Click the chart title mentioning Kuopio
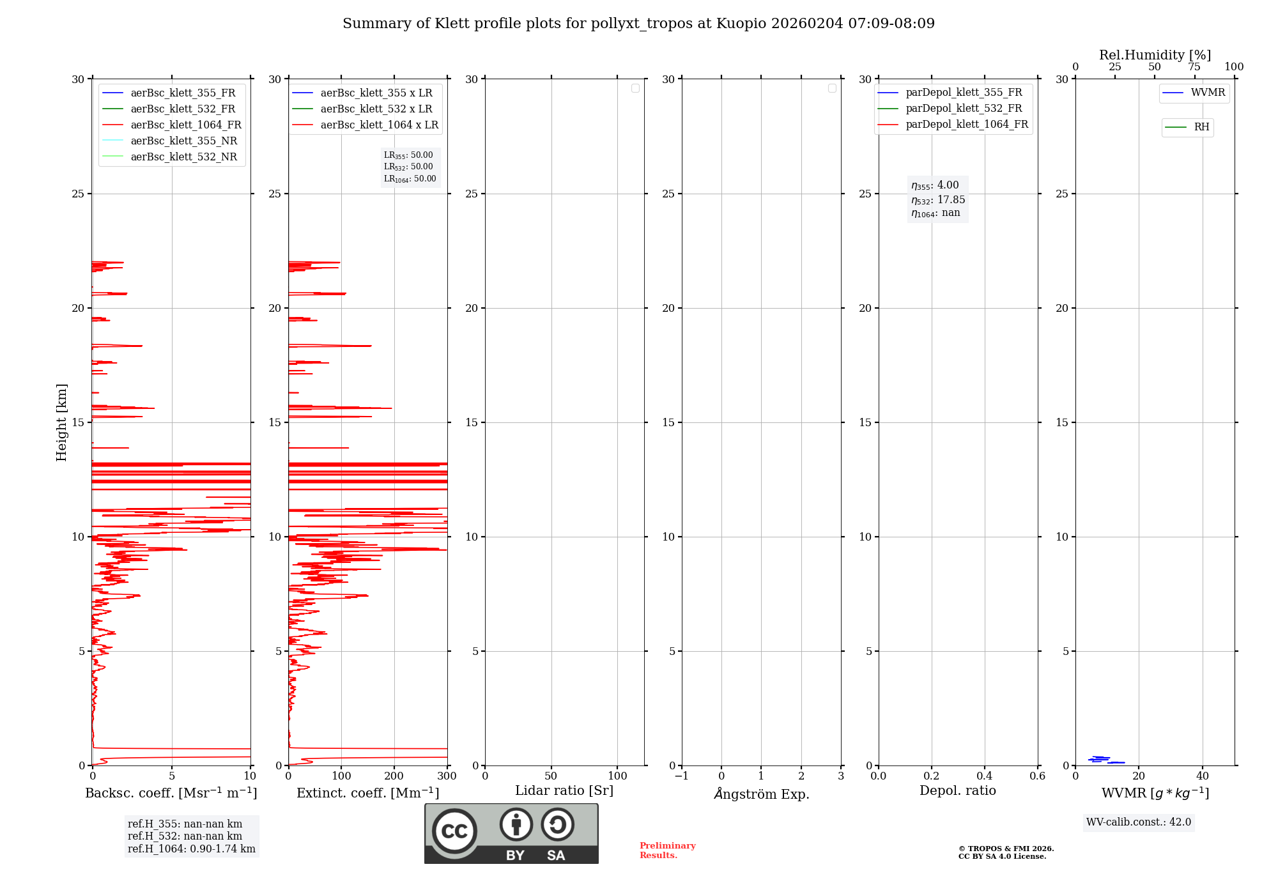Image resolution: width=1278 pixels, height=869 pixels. pyautogui.click(x=638, y=24)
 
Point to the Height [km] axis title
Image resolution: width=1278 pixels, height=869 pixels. pyautogui.click(x=61, y=422)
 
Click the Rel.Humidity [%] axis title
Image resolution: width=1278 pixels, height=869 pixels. pyautogui.click(x=1155, y=55)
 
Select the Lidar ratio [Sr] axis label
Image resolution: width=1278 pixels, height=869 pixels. pyautogui.click(x=564, y=791)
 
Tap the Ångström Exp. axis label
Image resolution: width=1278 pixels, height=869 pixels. pyautogui.click(x=762, y=794)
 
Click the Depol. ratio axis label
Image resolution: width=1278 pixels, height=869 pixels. pyautogui.click(x=958, y=791)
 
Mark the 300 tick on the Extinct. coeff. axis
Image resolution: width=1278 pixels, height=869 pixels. pyautogui.click(x=447, y=776)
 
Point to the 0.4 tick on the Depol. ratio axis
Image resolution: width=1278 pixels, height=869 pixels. pyautogui.click(x=985, y=776)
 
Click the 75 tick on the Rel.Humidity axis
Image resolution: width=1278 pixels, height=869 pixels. pyautogui.click(x=1194, y=67)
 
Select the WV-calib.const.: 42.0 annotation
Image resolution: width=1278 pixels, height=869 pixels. pyautogui.click(x=1139, y=822)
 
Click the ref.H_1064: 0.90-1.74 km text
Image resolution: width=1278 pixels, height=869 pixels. pyautogui.click(x=192, y=849)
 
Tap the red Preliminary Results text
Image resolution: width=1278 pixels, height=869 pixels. pyautogui.click(x=668, y=850)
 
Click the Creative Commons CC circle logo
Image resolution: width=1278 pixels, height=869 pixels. pyautogui.click(x=455, y=831)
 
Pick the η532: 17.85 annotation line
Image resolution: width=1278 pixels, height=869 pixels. pyautogui.click(x=938, y=200)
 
